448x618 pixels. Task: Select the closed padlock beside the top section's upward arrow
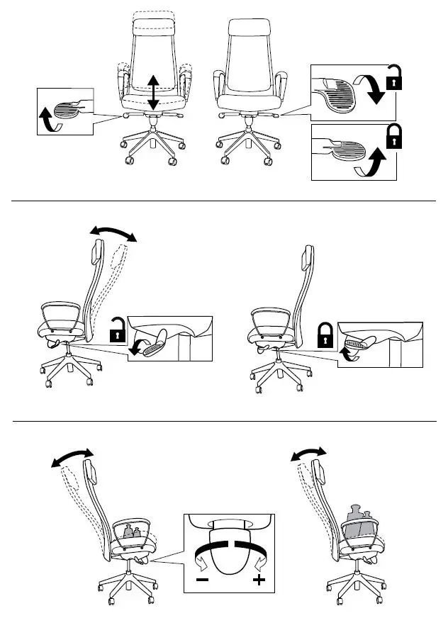(x=393, y=137)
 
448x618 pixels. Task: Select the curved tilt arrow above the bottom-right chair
(x=309, y=454)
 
